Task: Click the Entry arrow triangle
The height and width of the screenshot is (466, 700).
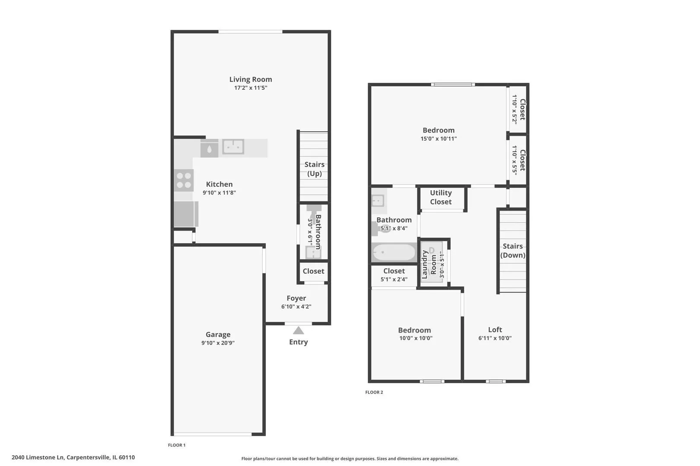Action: point(299,331)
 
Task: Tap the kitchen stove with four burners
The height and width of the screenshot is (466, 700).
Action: point(184,180)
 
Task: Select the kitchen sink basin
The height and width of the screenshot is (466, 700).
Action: point(233,147)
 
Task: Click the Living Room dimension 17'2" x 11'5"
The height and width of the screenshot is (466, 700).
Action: point(251,88)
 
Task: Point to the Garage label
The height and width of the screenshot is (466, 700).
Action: point(218,334)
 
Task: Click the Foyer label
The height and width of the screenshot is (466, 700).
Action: point(296,298)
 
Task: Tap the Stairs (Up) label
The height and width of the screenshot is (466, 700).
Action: point(315,169)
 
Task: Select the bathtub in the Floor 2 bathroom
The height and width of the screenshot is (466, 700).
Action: point(394,252)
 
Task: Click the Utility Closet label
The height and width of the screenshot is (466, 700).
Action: point(441,197)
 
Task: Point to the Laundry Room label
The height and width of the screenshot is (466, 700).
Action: point(429,264)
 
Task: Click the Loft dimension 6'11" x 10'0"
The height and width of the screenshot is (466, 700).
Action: point(495,338)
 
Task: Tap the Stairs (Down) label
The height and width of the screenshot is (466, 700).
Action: point(513,251)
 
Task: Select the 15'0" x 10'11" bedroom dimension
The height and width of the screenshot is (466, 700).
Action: point(439,139)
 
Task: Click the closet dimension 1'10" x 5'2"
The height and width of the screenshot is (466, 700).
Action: point(514,109)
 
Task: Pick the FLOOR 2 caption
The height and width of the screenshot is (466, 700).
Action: point(374,392)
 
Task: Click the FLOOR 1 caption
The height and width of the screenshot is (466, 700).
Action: point(177,445)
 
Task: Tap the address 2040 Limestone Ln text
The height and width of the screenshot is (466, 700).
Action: point(38,457)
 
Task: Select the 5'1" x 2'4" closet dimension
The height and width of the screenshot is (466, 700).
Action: point(394,279)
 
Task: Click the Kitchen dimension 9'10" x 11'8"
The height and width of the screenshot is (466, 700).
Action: point(219,192)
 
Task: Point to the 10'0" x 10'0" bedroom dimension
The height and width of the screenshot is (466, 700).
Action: point(416,338)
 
